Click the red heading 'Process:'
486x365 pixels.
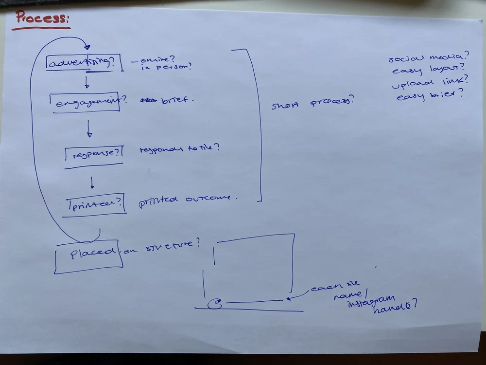click(42, 18)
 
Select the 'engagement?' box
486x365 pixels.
click(87, 102)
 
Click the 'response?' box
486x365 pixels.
click(94, 153)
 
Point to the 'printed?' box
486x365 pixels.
click(96, 203)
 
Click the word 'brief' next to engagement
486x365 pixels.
click(177, 100)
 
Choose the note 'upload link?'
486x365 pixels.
click(430, 82)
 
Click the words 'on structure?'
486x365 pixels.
click(162, 247)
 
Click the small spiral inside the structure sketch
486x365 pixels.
click(214, 305)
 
